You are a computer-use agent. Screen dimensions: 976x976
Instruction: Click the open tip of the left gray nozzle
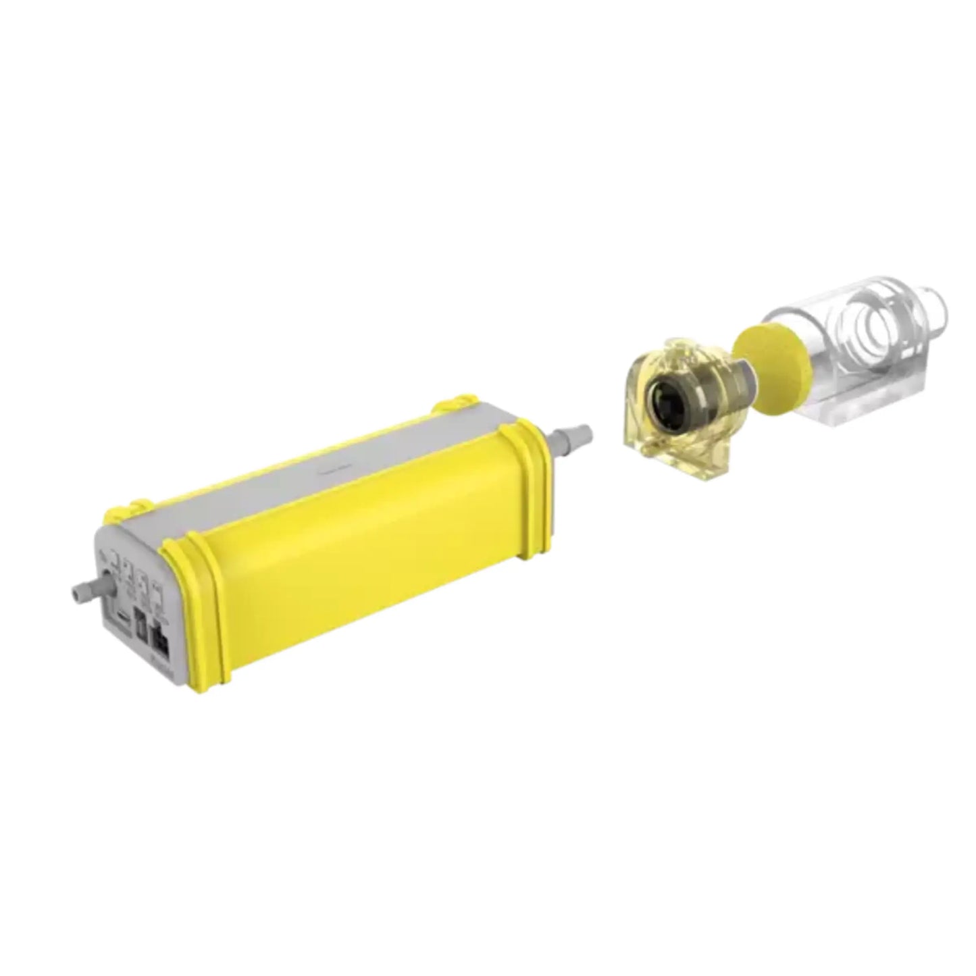coord(72,595)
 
